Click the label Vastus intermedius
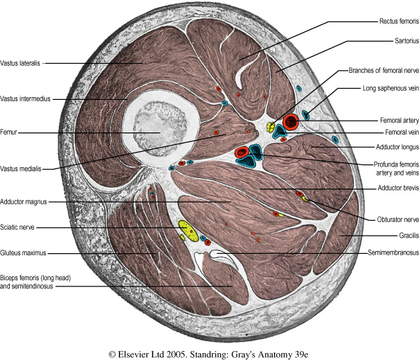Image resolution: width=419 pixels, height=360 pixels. [26, 99]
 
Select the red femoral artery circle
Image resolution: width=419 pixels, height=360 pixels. [291, 122]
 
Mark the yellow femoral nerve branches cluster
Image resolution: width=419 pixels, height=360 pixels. [272, 128]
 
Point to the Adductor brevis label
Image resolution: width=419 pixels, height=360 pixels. [390, 187]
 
